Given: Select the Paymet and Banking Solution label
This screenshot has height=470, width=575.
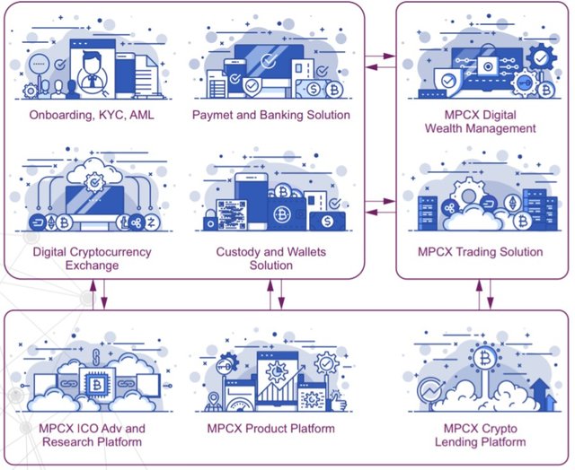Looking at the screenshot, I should [x=270, y=115].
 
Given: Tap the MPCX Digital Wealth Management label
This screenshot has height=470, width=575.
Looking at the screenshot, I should [x=480, y=121].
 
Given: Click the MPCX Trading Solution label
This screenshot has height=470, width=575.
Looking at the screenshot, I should [x=480, y=252].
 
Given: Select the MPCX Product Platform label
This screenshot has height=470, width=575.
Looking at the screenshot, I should [x=270, y=429].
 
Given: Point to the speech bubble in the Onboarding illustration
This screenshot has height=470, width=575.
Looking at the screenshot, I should [x=39, y=65].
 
